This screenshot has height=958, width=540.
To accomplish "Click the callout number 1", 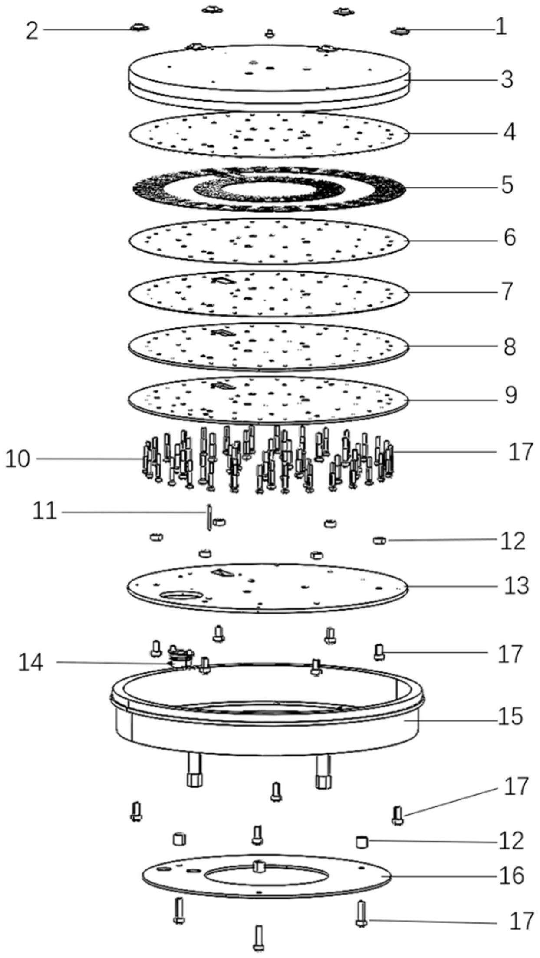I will (501, 27).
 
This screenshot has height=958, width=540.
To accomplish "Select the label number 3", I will (507, 80).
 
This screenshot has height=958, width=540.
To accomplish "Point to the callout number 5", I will (507, 185).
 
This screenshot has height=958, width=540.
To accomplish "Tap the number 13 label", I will (516, 586).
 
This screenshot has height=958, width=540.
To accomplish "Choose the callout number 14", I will (30, 663).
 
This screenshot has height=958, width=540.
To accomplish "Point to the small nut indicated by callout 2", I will (139, 28).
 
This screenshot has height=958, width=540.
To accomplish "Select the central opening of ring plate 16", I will (268, 876).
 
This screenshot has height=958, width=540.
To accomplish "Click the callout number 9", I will (510, 395).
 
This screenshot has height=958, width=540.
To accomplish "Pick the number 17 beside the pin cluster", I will (520, 452).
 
